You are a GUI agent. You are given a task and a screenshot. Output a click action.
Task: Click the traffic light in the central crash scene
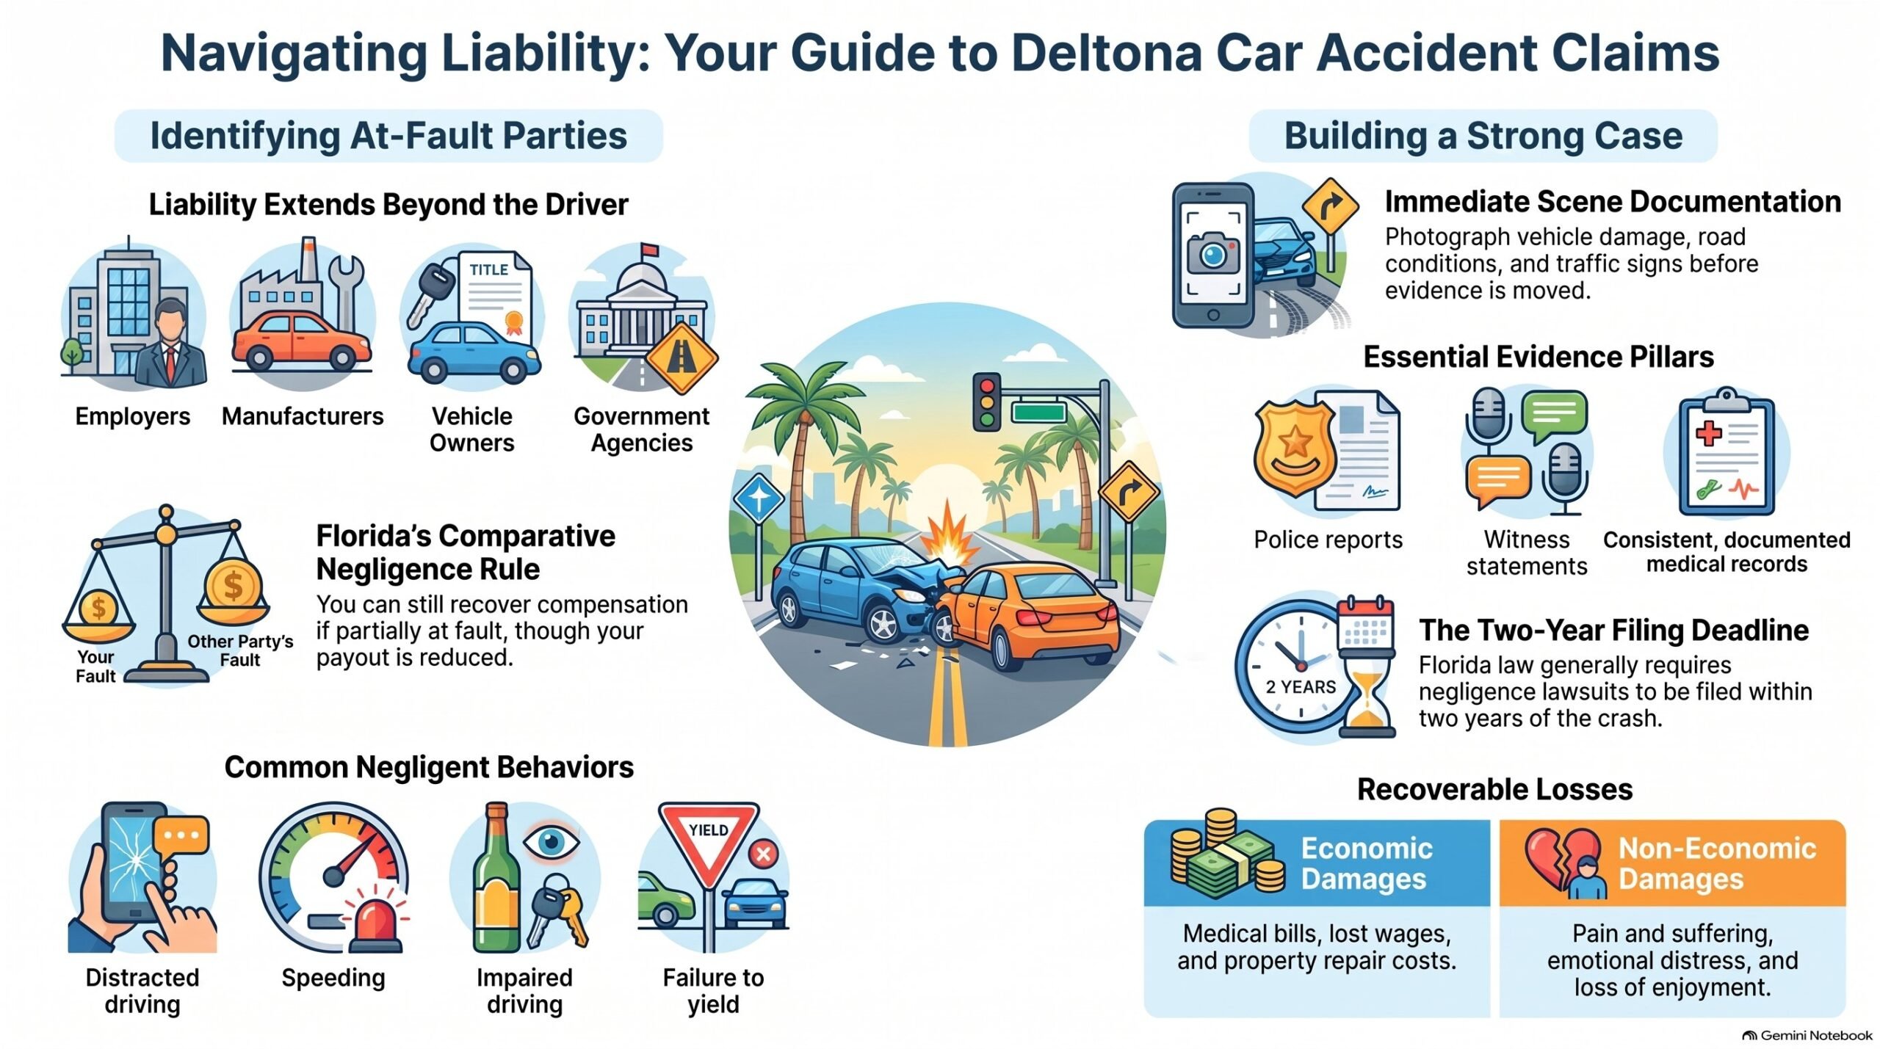coord(986,402)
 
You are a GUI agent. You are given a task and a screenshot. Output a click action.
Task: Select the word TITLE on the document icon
coord(489,269)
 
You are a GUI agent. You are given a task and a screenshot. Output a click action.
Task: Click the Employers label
coord(133,416)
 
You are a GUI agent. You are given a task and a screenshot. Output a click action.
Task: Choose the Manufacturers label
coord(303,416)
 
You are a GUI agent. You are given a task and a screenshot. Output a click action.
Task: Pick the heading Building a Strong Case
coord(1483,136)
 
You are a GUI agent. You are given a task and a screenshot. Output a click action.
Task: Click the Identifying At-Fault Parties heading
coord(388,136)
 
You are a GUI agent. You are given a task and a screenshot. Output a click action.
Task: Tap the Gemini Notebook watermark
coord(1807,1035)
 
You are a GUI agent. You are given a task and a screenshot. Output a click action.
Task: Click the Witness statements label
coord(1527,553)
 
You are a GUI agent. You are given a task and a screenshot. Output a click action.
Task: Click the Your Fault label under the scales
coord(95,667)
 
